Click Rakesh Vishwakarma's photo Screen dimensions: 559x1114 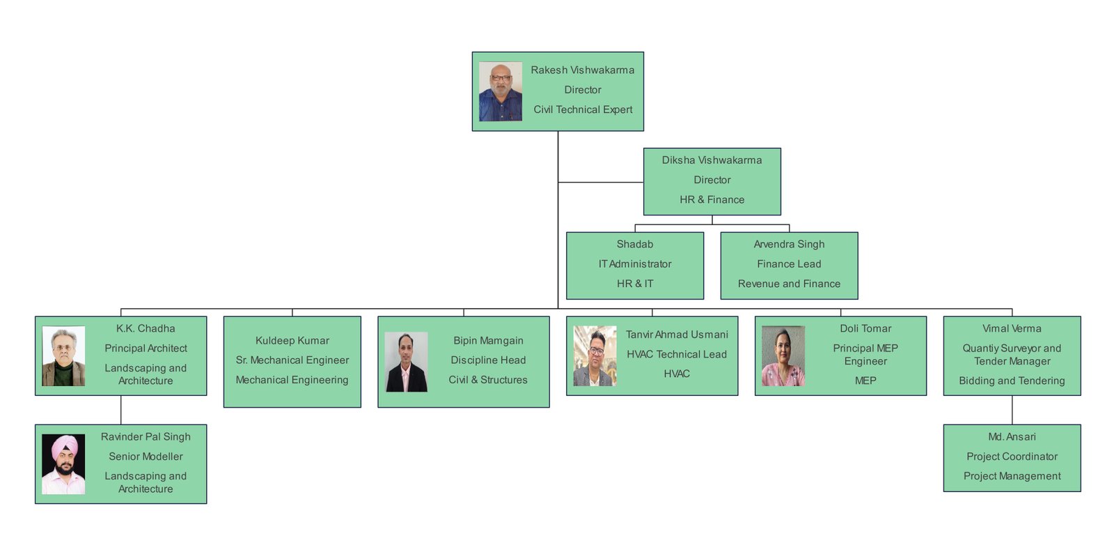coord(500,91)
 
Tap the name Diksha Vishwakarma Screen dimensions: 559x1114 coord(712,160)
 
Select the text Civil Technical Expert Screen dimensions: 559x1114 coord(583,109)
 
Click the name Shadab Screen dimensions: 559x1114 coord(634,245)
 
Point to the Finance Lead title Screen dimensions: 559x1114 coord(789,264)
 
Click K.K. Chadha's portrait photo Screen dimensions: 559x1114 coord(63,356)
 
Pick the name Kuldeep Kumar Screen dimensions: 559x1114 coord(292,341)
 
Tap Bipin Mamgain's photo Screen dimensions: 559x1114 coord(406,362)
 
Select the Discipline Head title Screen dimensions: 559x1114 coord(488,360)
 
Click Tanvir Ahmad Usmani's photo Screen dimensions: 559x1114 coord(595,356)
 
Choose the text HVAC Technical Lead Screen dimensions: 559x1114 coord(676,354)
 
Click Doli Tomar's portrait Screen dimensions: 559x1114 coord(783,356)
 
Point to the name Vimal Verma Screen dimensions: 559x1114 coord(1012,329)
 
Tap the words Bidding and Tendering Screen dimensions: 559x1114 coord(1012,381)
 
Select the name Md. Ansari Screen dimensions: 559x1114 coord(1012,437)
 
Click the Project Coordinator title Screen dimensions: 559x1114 coord(1012,457)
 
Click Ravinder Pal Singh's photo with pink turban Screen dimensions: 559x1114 coord(63,464)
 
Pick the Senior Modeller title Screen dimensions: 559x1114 coord(146,457)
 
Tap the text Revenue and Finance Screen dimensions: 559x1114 coord(789,284)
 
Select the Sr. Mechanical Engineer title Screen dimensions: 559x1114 coord(292,360)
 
